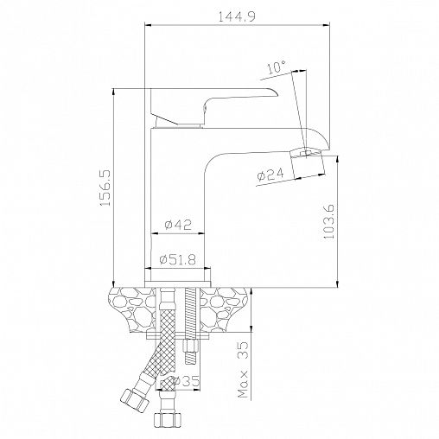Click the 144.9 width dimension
click(x=236, y=17)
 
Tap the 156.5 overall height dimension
click(x=105, y=188)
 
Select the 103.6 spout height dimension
click(x=328, y=221)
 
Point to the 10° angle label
click(x=277, y=67)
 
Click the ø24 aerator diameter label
click(x=270, y=175)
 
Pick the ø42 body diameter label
click(x=178, y=225)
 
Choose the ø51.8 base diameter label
click(x=178, y=260)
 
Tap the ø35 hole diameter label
click(x=187, y=381)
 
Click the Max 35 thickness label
click(x=244, y=370)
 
